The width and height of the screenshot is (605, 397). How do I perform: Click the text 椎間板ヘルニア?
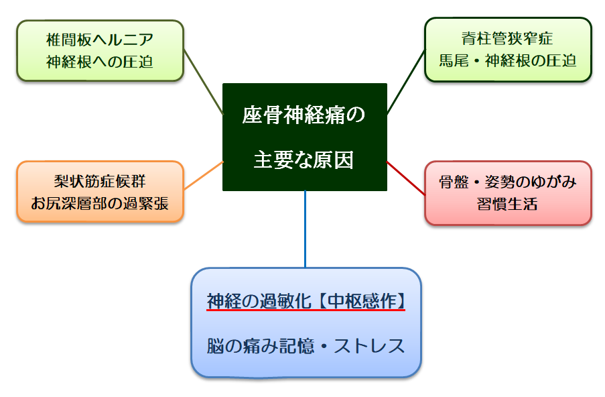[100, 40]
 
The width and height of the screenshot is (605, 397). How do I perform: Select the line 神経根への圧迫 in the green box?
[100, 62]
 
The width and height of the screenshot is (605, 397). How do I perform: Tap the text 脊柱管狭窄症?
[507, 39]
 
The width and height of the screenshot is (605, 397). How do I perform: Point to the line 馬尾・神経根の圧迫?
[507, 60]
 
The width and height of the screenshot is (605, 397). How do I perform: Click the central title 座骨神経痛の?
[304, 115]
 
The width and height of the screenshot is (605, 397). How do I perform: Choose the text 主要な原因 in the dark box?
[304, 160]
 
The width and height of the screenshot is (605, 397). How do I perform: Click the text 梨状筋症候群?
[100, 181]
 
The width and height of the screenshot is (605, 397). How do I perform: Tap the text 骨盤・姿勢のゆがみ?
[508, 182]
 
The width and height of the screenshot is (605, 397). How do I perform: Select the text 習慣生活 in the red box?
[508, 204]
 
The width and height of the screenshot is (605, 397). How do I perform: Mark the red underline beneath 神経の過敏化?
[306, 310]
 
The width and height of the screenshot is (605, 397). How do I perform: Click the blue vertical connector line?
[305, 228]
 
